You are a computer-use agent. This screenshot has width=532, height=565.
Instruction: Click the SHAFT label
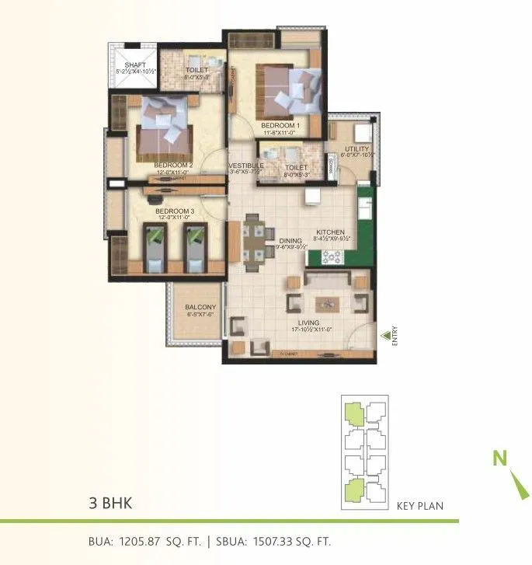[136, 65]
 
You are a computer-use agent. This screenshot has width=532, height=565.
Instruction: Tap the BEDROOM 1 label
[280, 125]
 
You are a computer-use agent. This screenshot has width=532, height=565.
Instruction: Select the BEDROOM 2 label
[173, 166]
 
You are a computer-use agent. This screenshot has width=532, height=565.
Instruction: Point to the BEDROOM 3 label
[175, 211]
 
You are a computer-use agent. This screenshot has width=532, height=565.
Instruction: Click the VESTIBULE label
[245, 166]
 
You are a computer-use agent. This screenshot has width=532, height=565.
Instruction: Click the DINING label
[290, 241]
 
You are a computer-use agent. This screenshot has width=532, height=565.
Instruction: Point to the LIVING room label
[311, 323]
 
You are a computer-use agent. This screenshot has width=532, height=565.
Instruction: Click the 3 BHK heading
[111, 503]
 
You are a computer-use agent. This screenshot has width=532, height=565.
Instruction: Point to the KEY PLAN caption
[419, 506]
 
